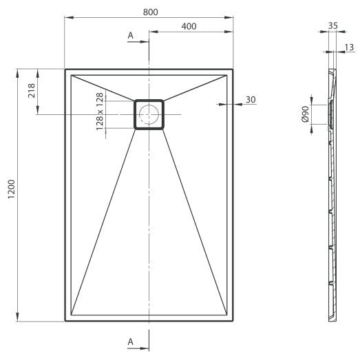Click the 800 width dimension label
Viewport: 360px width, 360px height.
[x=150, y=12]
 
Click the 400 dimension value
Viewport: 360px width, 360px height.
[x=189, y=26]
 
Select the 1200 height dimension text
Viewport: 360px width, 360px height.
[x=12, y=189]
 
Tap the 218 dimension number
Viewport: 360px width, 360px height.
[x=32, y=91]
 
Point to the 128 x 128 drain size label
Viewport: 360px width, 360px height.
[x=100, y=112]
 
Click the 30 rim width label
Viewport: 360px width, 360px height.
[x=251, y=100]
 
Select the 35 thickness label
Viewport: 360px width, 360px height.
[x=332, y=25]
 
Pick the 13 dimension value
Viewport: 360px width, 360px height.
[x=349, y=47]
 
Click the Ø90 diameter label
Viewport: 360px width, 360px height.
[x=306, y=114]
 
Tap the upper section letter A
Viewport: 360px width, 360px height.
[x=130, y=36]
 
